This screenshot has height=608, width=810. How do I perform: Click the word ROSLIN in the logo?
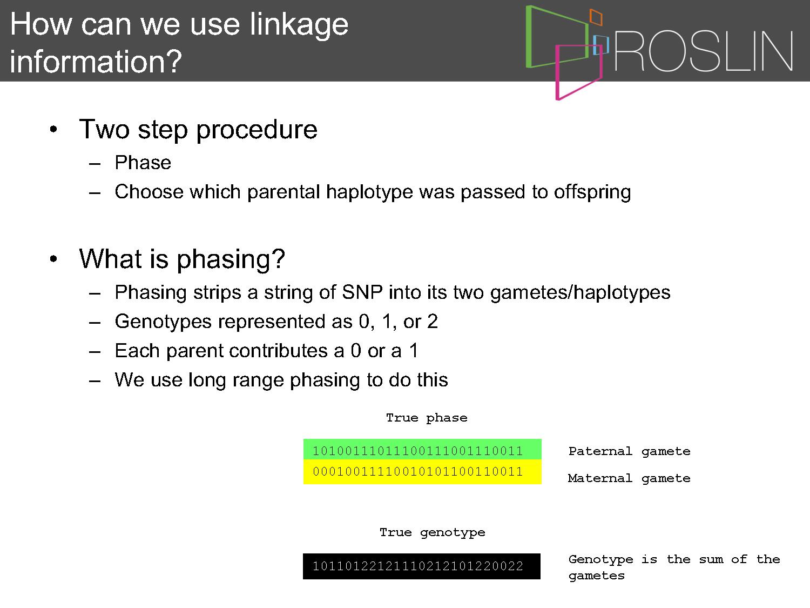(x=703, y=51)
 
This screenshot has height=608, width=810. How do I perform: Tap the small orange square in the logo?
(x=596, y=17)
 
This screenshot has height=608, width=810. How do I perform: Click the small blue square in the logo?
(x=600, y=45)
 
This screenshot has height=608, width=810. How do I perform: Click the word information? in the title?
(x=96, y=61)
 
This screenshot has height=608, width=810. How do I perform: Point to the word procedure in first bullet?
(x=256, y=130)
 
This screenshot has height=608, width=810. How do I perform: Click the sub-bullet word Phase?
(x=143, y=163)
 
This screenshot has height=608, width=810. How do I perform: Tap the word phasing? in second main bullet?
(x=231, y=259)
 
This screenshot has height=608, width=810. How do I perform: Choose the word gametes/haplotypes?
(x=580, y=293)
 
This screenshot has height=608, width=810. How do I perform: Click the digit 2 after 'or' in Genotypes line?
(x=433, y=322)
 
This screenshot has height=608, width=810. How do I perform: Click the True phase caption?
(x=427, y=418)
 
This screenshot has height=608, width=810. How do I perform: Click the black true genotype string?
(x=421, y=566)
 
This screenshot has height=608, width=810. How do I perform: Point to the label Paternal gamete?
(x=629, y=451)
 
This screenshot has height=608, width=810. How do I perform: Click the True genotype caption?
(x=432, y=533)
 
